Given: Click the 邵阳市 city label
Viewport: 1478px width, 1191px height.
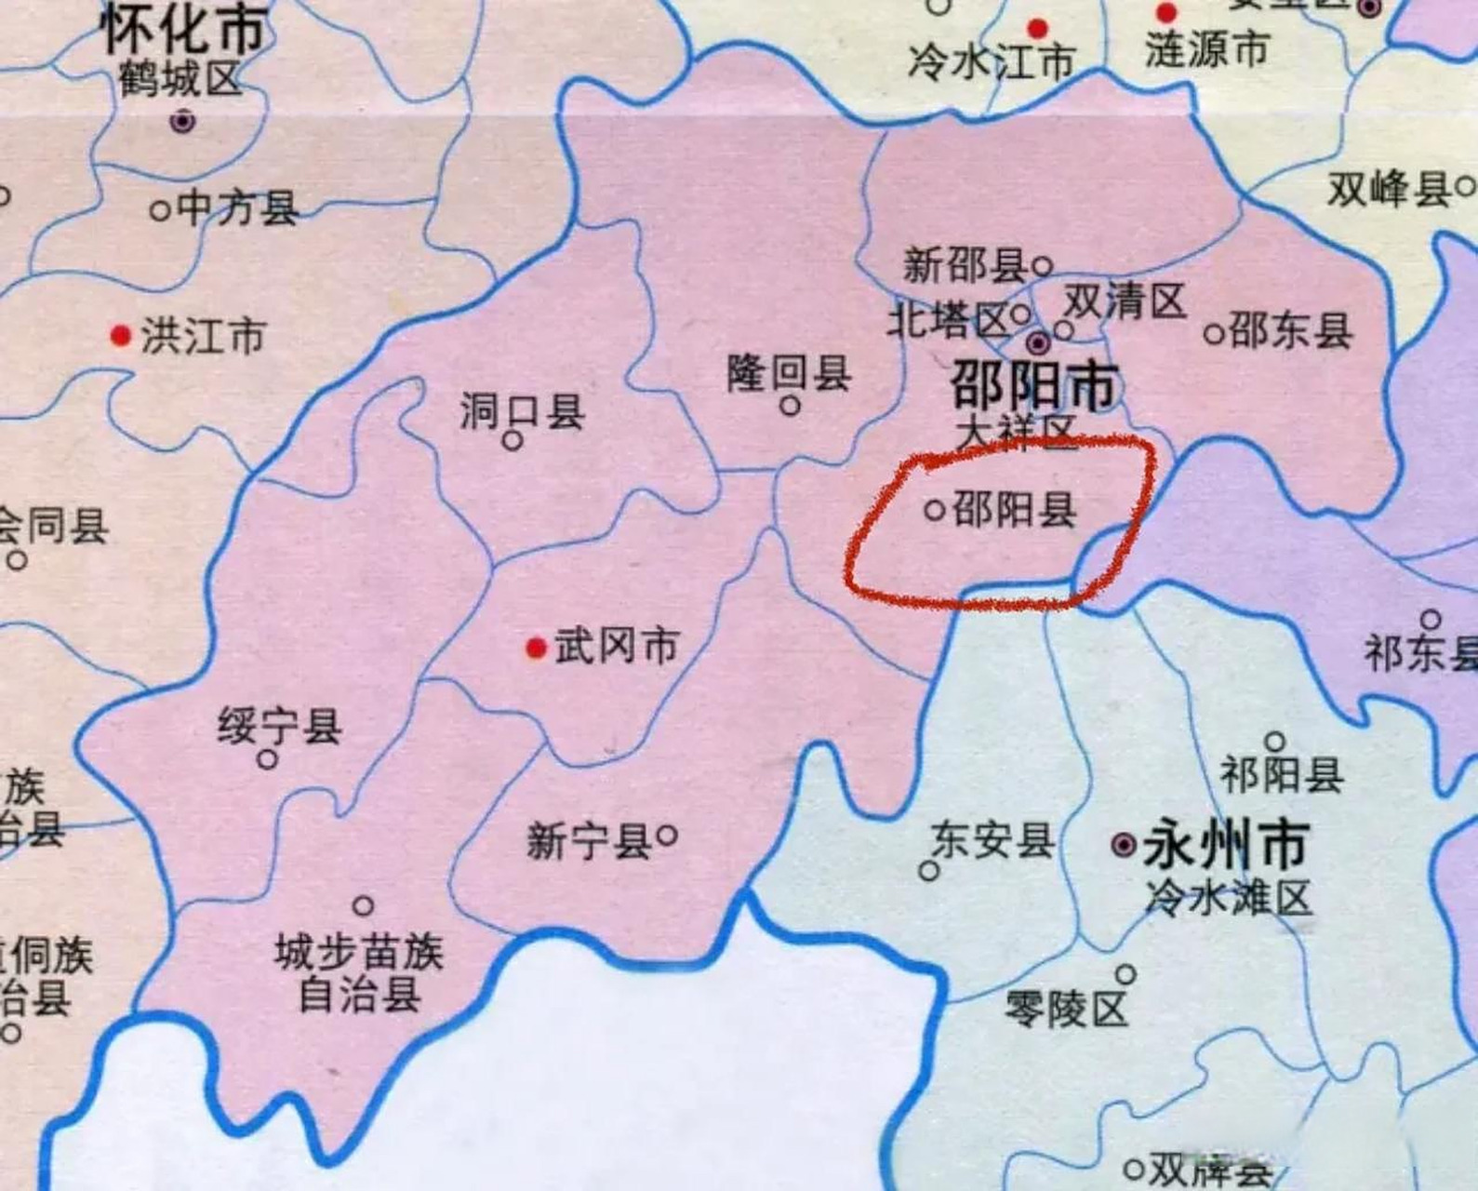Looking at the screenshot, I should tap(1033, 386).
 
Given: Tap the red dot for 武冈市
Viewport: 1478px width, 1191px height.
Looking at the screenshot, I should tap(536, 648).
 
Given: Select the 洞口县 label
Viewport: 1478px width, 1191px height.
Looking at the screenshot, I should tap(522, 410).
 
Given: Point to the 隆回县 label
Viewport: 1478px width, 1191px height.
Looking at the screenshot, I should tap(789, 374).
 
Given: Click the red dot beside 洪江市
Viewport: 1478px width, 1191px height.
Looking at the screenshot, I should tap(120, 335).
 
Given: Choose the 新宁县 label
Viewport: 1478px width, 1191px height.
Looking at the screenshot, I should tap(589, 842).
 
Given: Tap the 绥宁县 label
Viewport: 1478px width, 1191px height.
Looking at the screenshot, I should tap(280, 726).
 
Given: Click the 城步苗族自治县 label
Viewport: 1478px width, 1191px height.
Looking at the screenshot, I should tap(359, 973).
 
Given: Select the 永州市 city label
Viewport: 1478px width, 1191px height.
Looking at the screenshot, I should tap(1226, 844).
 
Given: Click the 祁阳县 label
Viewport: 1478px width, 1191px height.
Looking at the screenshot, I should tap(1282, 774).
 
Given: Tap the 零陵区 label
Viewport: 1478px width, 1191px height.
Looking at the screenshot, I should tap(1066, 1008).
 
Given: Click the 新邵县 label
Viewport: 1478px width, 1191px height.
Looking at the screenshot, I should tap(964, 266).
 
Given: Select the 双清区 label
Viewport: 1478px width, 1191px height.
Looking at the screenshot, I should tap(1125, 301).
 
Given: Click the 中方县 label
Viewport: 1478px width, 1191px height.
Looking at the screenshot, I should tap(237, 208).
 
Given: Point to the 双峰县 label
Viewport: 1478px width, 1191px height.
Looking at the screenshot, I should tap(1389, 190).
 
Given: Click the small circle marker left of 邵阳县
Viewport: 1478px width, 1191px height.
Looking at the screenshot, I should tap(935, 510).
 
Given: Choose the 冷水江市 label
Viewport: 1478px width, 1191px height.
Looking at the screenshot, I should tap(992, 61).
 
